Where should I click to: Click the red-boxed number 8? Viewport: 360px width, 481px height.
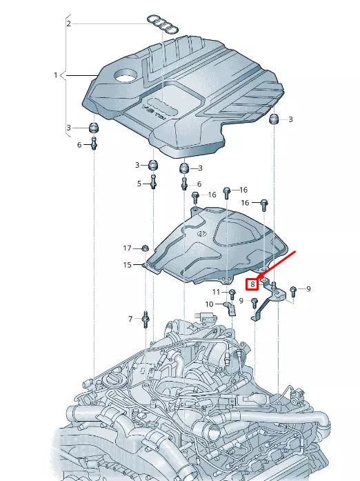253,283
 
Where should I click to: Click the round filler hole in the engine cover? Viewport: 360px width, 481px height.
126,75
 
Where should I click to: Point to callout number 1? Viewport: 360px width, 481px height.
56,75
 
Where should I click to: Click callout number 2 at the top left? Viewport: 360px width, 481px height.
68,23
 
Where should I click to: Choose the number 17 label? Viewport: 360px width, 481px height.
127,248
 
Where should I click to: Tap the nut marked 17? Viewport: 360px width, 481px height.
146,248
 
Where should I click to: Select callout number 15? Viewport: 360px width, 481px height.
127,265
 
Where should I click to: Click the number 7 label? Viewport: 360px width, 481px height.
129,319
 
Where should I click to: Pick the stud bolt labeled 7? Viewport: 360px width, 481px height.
146,319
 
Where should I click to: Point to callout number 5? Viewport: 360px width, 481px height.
139,184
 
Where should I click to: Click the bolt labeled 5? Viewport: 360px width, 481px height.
154,183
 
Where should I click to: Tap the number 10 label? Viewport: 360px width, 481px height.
209,304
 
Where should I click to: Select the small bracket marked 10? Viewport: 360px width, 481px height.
231,308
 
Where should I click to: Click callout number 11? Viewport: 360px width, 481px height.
216,292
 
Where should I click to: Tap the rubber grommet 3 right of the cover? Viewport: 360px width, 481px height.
274,120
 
